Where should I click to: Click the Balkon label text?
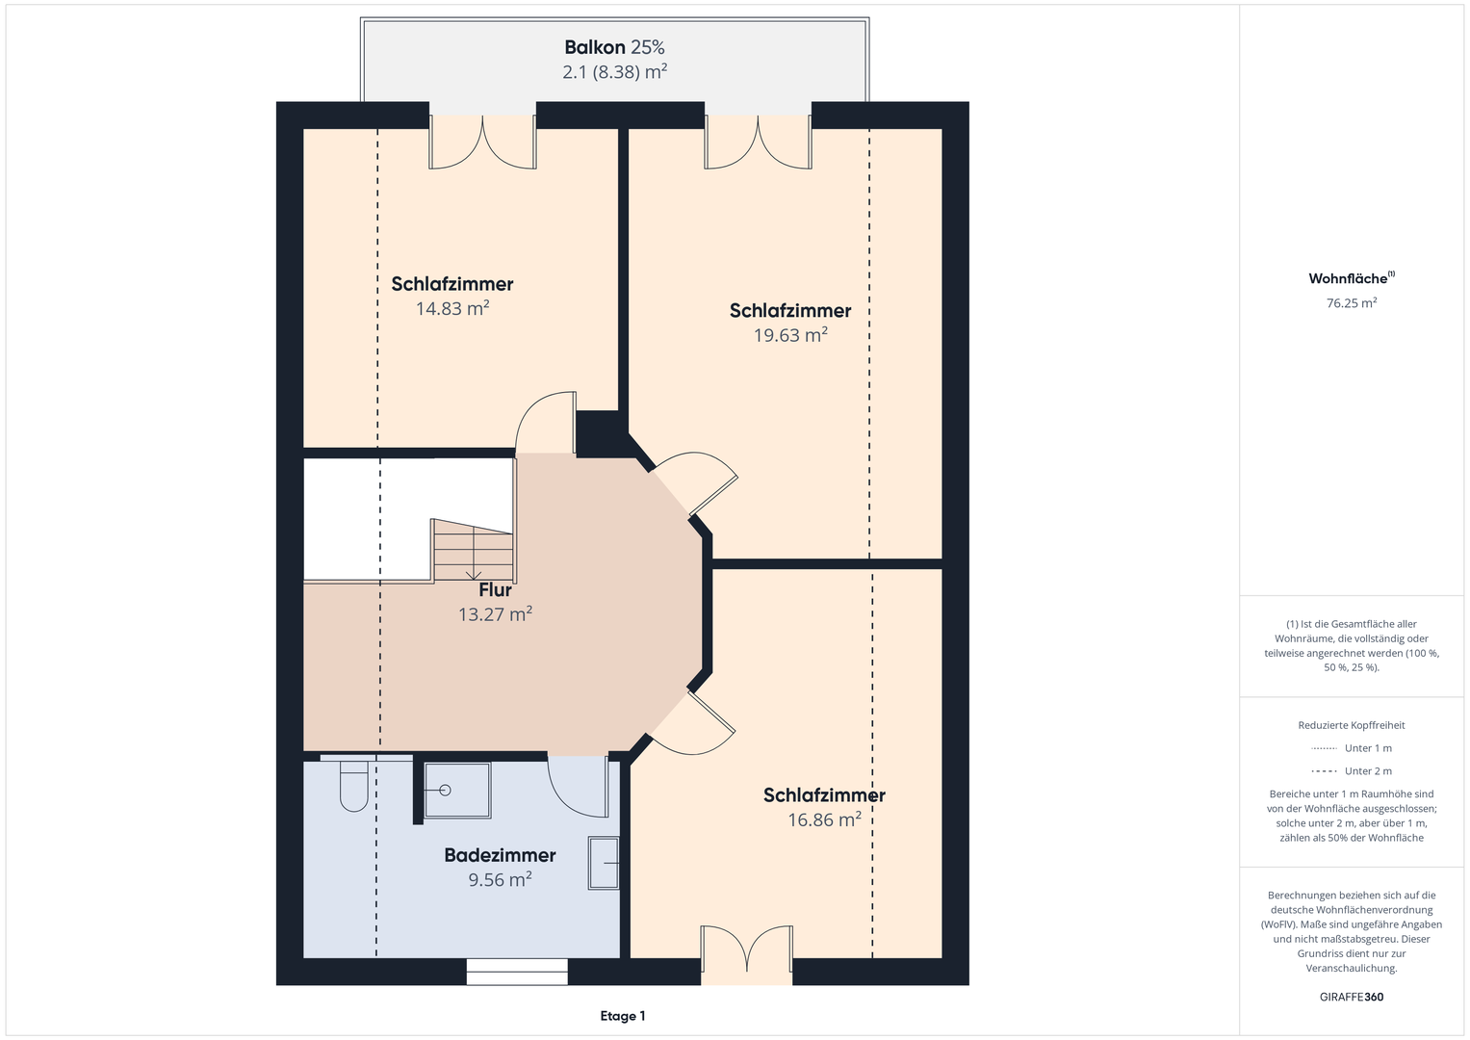[x=595, y=47]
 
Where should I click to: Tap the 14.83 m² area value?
[x=452, y=308]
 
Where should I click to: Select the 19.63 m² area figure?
[x=790, y=335]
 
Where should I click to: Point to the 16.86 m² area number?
[x=824, y=820]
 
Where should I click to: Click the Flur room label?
[x=495, y=589]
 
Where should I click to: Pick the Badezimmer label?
[x=500, y=855]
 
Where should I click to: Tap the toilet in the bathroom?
[x=353, y=785]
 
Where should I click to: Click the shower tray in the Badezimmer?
[x=457, y=790]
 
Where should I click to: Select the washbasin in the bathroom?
[x=604, y=863]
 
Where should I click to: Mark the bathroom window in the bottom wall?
[x=517, y=972]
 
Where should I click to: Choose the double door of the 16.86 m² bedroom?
[x=747, y=949]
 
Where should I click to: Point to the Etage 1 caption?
[x=623, y=1016]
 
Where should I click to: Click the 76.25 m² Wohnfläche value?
[x=1352, y=302]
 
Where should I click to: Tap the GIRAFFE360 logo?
[x=1352, y=997]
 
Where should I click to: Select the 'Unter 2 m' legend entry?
[x=1352, y=770]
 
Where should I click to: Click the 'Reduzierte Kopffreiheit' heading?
[x=1352, y=725]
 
